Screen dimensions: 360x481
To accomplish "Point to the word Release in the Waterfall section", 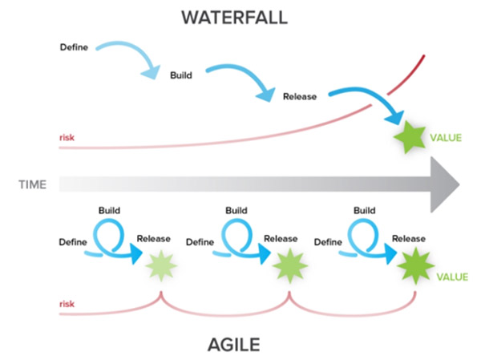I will tap(300, 96).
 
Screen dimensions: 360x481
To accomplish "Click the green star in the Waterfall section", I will tap(410, 138).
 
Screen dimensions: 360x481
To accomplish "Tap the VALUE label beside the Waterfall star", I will tap(446, 138).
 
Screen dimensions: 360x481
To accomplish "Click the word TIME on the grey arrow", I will tap(33, 185).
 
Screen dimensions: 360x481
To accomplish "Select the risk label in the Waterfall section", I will tap(67, 138).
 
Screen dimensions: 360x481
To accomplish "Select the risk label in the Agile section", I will tap(67, 305).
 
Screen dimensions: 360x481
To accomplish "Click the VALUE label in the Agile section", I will tap(452, 276).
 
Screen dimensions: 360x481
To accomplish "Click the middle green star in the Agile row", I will tap(286, 265).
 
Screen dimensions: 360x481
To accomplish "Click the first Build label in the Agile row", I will tap(110, 210).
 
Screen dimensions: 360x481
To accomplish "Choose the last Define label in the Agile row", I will tap(329, 241).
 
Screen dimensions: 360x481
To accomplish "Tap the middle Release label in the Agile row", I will tap(281, 238).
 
